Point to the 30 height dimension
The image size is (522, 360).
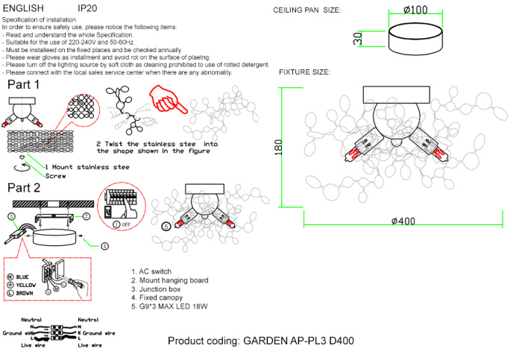[358, 38]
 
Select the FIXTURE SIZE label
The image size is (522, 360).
[304, 72]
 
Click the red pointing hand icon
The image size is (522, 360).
[166, 99]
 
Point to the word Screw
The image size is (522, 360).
[54, 177]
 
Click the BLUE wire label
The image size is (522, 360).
[23, 277]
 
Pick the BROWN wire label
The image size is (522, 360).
[25, 294]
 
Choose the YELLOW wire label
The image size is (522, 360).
[26, 285]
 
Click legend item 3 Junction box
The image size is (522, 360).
[160, 288]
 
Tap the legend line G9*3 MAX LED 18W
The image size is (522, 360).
[168, 306]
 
